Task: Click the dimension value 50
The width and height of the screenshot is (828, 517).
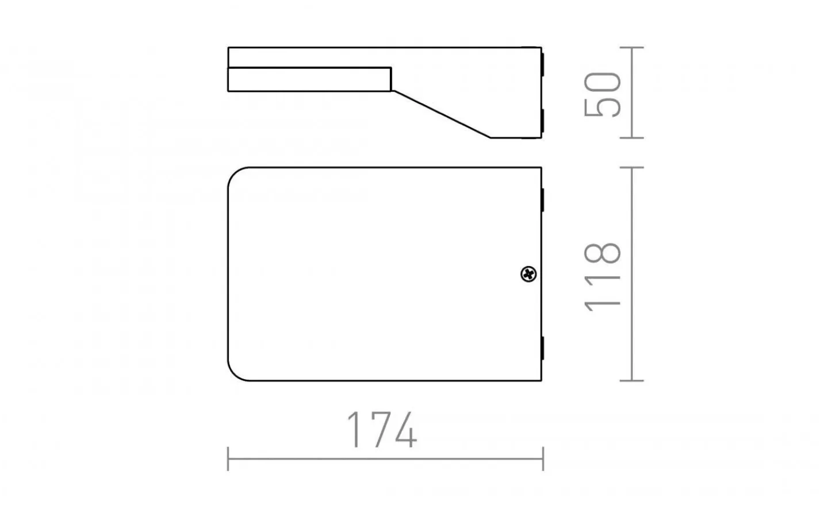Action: point(603,94)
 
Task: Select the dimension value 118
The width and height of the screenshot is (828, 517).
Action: point(603,278)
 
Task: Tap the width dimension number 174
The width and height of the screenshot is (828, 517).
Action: point(382,430)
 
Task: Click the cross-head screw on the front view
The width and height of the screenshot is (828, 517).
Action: point(528,275)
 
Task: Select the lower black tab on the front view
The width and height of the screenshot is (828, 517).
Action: point(542,349)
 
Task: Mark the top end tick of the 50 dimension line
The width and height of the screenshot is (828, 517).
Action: point(632,47)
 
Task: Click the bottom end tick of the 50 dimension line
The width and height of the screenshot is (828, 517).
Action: point(632,138)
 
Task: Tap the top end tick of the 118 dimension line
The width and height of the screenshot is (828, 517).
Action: point(632,167)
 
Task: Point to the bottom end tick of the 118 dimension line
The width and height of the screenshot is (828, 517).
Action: point(632,380)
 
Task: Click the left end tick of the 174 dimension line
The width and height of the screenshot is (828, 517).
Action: point(228,459)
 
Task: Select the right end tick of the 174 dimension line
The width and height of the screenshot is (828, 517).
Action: point(543,459)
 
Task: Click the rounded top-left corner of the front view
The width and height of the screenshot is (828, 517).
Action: point(236,175)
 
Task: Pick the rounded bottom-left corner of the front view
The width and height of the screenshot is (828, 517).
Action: point(236,373)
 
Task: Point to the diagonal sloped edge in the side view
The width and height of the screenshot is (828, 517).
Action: point(440,114)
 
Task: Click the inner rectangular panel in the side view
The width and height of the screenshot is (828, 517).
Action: point(309,79)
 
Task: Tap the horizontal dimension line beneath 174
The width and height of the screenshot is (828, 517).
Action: point(385,459)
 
